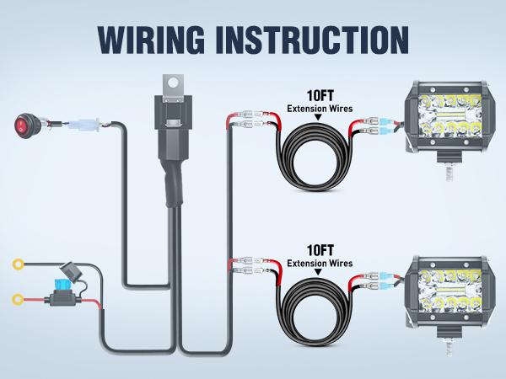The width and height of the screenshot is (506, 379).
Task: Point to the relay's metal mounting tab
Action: (173, 83)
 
